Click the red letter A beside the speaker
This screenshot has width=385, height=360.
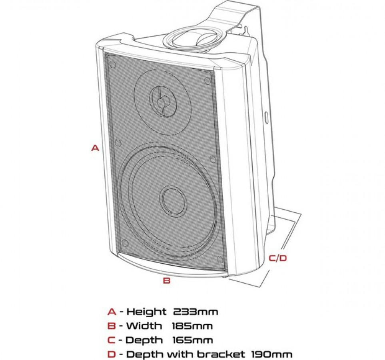pos(95,148)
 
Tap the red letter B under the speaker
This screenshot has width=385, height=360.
pos(167,280)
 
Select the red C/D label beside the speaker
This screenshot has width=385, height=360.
pos(278,258)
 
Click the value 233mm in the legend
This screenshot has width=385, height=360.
pos(195,312)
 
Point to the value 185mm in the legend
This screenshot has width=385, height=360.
pos(192,326)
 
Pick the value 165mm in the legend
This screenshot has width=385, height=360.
pos(193,340)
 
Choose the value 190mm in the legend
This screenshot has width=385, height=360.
pos(272,354)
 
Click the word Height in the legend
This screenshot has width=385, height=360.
pos(146,312)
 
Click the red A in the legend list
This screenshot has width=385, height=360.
pos(112,312)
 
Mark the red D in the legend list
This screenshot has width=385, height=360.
pos(112,354)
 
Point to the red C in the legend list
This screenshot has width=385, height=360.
pos(112,340)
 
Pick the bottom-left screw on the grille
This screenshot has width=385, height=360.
pos(124,243)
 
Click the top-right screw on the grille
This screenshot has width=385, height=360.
pos(207,81)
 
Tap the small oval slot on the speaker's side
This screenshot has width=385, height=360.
pos(267,117)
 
